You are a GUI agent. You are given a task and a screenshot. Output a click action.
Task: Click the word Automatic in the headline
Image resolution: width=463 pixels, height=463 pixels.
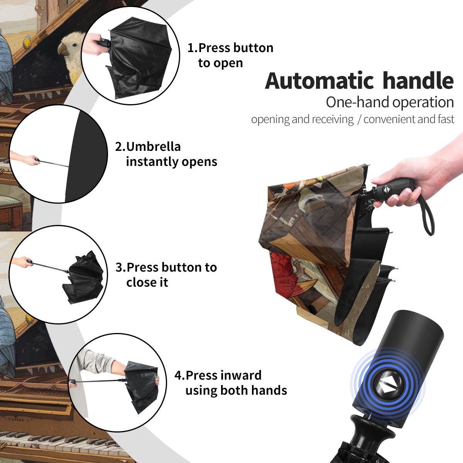[x=319, y=81]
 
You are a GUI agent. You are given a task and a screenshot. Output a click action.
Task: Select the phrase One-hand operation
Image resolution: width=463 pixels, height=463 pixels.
[x=390, y=102]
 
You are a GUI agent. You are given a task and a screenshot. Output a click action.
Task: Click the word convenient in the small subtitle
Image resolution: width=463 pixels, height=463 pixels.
[x=389, y=119]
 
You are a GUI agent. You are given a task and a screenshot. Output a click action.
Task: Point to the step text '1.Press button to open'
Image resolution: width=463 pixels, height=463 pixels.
[x=230, y=55]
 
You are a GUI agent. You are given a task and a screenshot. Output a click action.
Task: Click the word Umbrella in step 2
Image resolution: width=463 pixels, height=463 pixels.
[x=153, y=147]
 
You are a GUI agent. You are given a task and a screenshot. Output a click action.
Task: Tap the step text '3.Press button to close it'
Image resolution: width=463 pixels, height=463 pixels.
[x=166, y=274]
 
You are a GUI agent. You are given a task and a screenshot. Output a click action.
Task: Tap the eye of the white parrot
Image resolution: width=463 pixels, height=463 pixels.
[x=75, y=44]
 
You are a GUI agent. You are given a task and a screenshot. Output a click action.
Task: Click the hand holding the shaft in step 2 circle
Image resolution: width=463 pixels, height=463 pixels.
[x=28, y=159]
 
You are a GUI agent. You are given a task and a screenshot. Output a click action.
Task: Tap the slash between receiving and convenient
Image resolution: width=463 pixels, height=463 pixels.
[x=359, y=120]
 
